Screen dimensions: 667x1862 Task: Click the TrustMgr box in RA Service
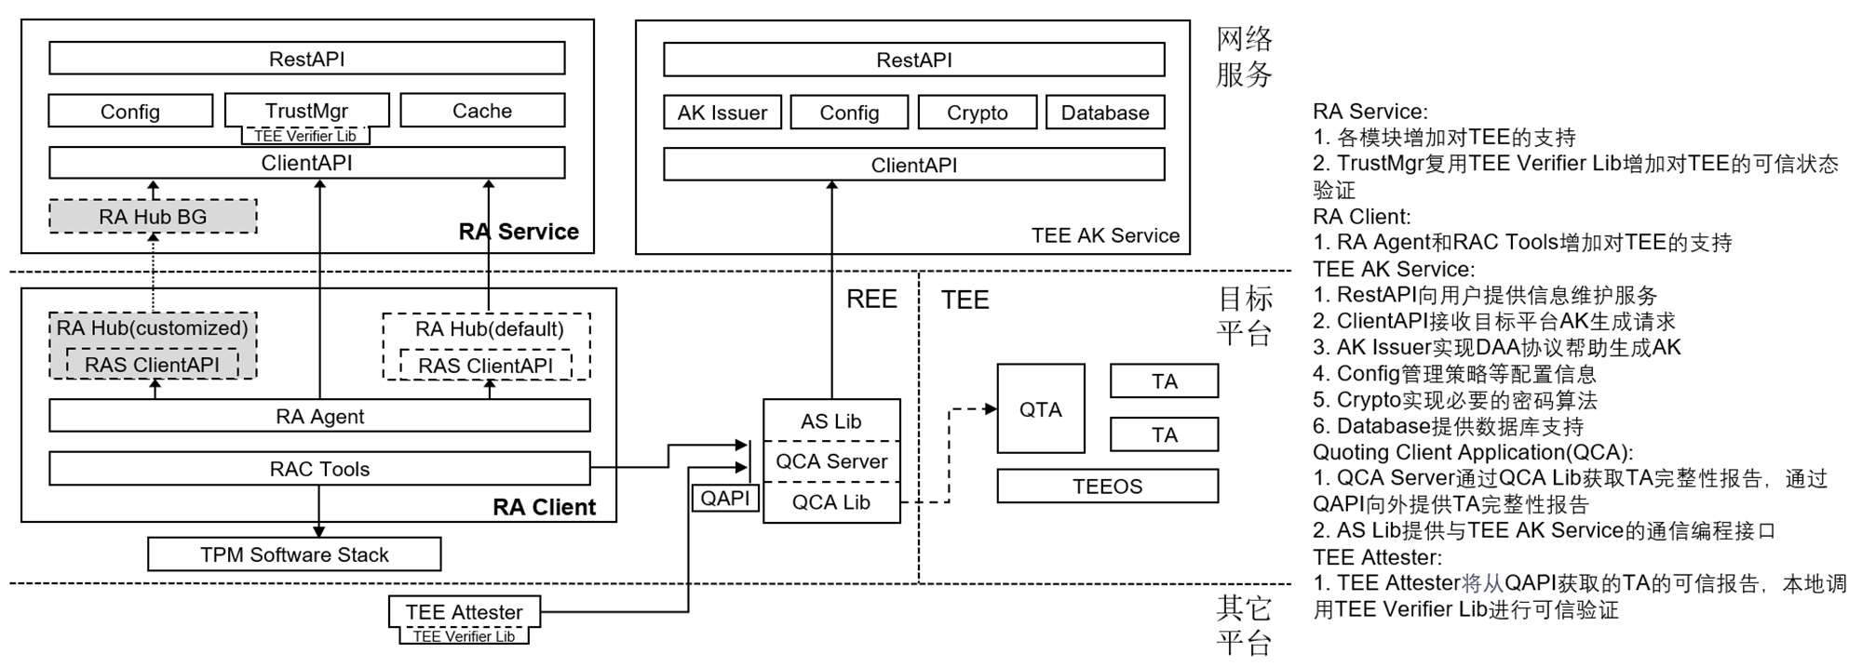coord(306,110)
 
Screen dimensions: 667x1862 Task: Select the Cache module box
coord(481,111)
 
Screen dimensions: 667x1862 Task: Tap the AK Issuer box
coord(722,113)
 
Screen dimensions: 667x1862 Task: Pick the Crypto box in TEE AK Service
coord(977,113)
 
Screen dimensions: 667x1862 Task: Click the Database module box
coord(1105,113)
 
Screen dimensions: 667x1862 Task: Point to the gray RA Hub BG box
coord(153,217)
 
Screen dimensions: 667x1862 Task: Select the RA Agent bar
coord(319,416)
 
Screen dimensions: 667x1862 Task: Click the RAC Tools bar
coord(319,469)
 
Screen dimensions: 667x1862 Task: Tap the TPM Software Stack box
coord(294,554)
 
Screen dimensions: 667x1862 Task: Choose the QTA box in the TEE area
coord(1040,409)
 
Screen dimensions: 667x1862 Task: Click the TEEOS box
coord(1107,487)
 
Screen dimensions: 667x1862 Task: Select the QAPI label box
coord(724,499)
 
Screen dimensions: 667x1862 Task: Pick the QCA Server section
coord(831,461)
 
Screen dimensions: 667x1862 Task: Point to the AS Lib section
coord(831,420)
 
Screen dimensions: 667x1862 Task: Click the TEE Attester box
coord(464,611)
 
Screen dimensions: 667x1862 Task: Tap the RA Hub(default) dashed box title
coord(489,328)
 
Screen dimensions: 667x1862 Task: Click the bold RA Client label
coord(544,507)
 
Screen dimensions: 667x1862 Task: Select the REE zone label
coord(871,299)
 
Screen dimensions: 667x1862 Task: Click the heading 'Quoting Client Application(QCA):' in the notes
coord(1473,452)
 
